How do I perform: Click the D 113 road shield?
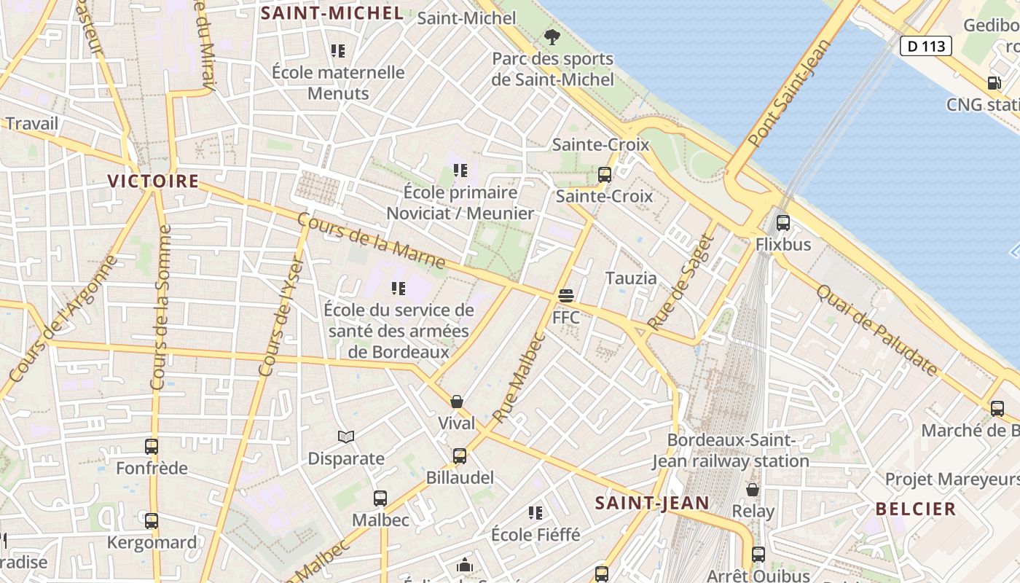[x=926, y=47]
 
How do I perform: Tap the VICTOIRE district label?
[x=153, y=181]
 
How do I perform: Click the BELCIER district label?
[x=916, y=509]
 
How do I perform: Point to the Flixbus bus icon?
[x=783, y=223]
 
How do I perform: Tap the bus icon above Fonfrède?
[x=152, y=447]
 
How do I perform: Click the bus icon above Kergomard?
[x=152, y=521]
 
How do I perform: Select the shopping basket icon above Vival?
[x=457, y=402]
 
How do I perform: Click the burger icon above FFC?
[x=566, y=296]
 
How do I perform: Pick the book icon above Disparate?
[x=346, y=437]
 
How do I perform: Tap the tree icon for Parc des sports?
[x=552, y=36]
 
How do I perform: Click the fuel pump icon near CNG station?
[x=994, y=83]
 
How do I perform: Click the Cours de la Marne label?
[x=372, y=240]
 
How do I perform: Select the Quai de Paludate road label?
[x=877, y=330]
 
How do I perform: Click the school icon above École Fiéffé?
[x=535, y=513]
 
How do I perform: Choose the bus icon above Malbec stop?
[x=380, y=498]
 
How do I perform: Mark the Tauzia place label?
[x=631, y=278]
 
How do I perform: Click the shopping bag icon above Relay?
[x=753, y=489]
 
